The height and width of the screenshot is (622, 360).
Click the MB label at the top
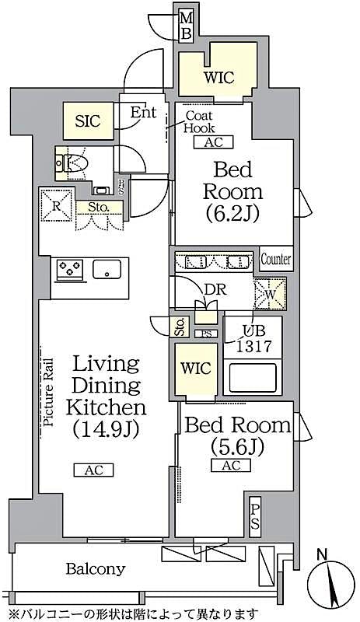pyautogui.click(x=187, y=25)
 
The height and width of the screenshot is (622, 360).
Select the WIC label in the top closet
pyautogui.click(x=218, y=77)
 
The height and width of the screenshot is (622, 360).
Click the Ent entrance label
pyautogui.click(x=143, y=112)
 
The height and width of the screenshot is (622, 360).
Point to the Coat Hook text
pyautogui.click(x=199, y=122)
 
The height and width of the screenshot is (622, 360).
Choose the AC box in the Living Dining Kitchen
pyautogui.click(x=93, y=470)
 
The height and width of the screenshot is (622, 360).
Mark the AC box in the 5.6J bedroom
pyautogui.click(x=230, y=465)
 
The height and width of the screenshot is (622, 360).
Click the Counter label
pyautogui.click(x=275, y=259)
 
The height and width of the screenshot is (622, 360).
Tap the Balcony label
pyautogui.click(x=96, y=569)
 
